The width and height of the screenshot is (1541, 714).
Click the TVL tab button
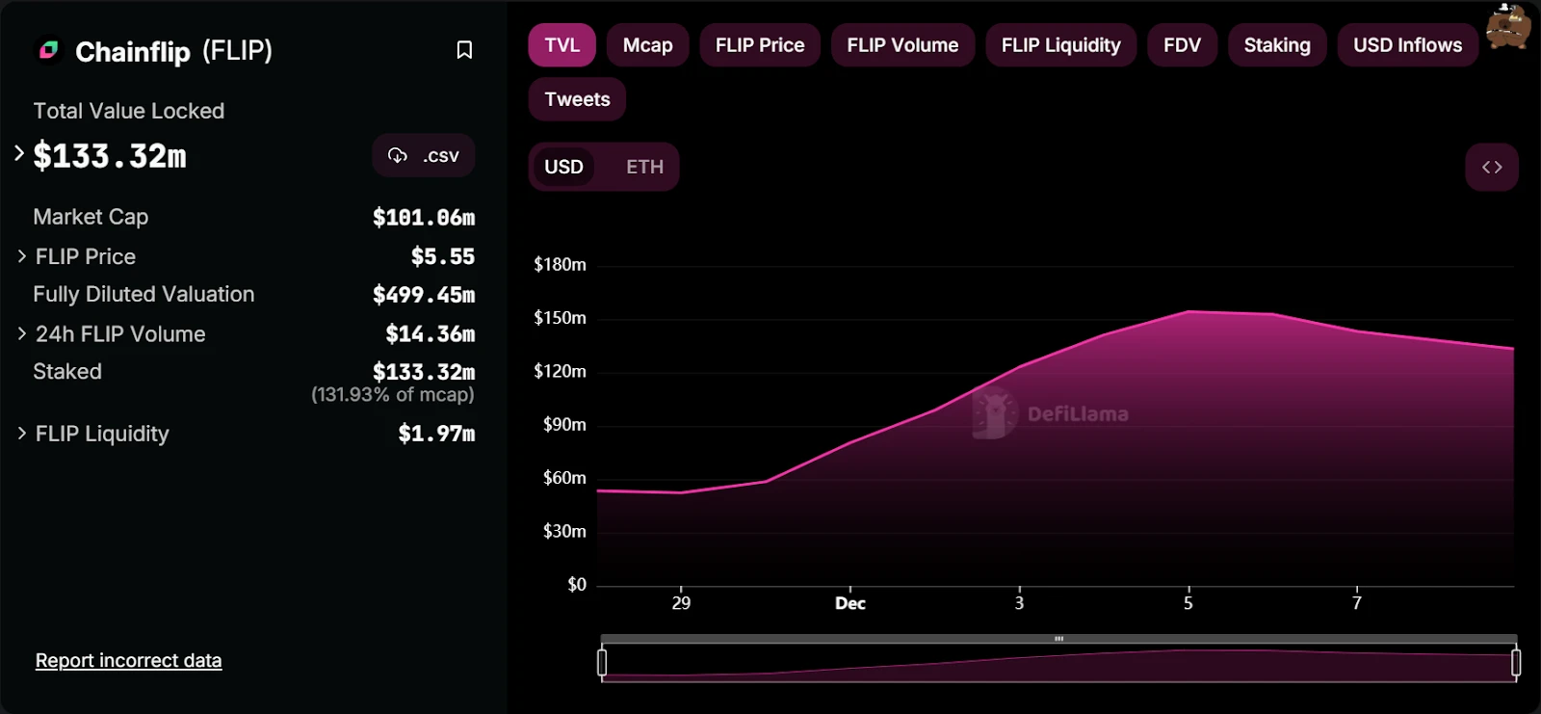tap(562, 45)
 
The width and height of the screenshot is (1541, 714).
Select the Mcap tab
tap(647, 45)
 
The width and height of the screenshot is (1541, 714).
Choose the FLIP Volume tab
tap(902, 45)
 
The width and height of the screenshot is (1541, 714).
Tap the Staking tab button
tap(1276, 45)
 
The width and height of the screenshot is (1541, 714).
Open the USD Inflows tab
tap(1407, 45)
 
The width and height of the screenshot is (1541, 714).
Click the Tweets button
tap(577, 99)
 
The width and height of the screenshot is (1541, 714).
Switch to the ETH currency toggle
tap(644, 167)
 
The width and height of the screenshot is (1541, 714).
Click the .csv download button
tap(424, 156)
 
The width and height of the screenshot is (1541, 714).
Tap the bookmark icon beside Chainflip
tap(464, 50)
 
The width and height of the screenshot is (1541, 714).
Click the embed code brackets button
tap(1492, 168)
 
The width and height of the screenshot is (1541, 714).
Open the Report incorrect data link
tap(128, 661)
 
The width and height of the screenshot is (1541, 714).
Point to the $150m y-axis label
tap(560, 318)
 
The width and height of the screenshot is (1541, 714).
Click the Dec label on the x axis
tap(849, 603)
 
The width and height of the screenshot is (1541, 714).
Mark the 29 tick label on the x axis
tap(681, 603)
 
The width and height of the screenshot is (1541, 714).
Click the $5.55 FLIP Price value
tap(442, 256)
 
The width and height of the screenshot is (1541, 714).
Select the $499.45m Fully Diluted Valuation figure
tap(424, 295)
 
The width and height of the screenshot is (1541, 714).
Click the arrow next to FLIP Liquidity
tap(21, 434)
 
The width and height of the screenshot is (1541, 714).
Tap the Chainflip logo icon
tap(48, 50)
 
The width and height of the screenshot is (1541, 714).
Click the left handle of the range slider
tap(602, 662)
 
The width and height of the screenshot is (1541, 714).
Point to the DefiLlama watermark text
tap(1077, 414)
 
